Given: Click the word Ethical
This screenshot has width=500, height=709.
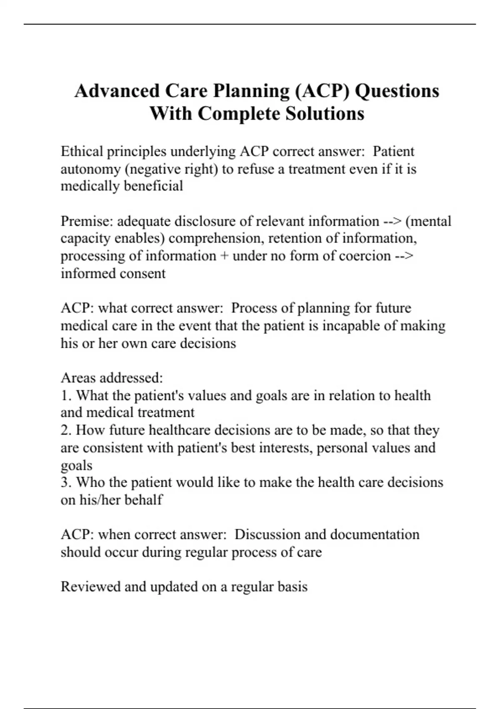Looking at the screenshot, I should (82, 151).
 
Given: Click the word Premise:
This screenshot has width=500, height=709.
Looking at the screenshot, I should (87, 221).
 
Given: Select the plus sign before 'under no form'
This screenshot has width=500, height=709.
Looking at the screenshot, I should (224, 256).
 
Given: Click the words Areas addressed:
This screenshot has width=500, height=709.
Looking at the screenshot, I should (112, 378).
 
